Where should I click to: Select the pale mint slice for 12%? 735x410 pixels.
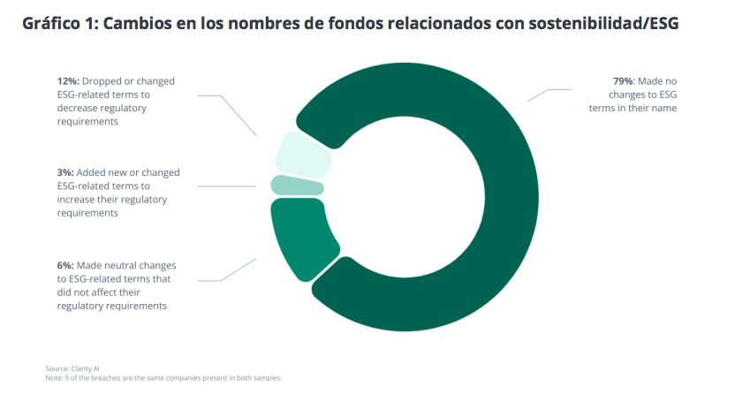303,154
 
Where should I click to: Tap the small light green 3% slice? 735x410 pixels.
297,186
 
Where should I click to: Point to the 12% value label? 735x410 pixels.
68,81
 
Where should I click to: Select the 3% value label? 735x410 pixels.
65,173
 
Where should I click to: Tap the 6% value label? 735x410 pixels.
65,265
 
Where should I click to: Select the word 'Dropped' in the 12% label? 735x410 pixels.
103,81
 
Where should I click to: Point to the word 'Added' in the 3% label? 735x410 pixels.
96,173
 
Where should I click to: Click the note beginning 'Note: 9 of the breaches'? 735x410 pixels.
163,377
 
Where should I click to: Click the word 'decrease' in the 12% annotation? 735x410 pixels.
81,108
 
